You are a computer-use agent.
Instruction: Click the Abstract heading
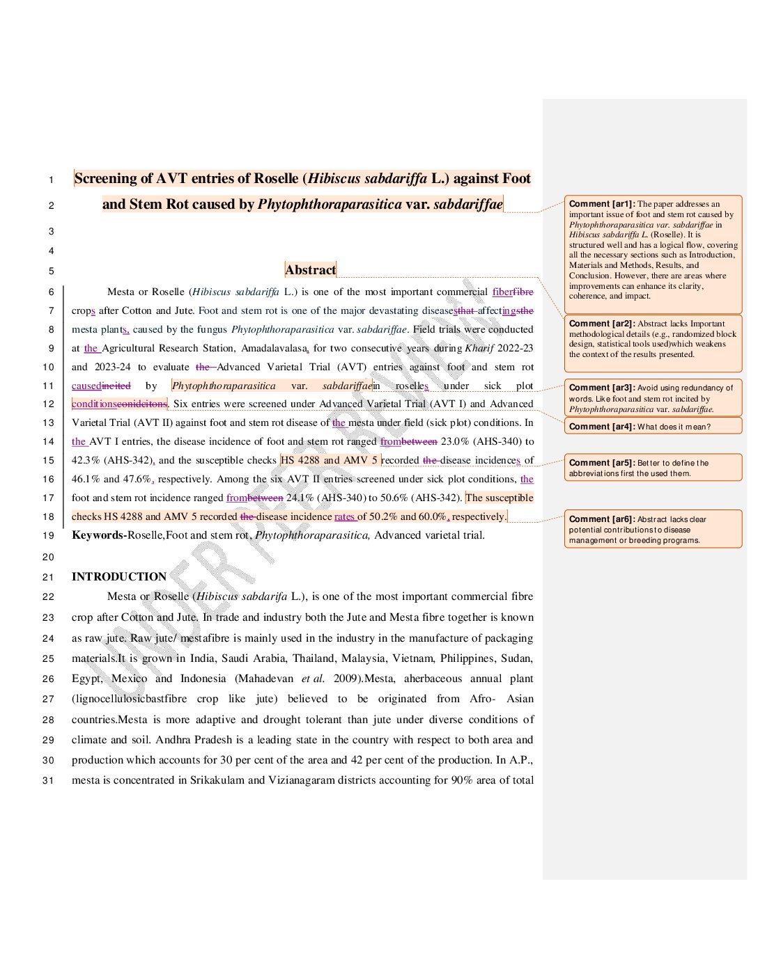pos(311,270)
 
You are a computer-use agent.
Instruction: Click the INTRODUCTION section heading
pos(119,576)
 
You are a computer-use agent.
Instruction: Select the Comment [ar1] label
pos(602,204)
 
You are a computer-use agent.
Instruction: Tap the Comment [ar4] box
pos(652,427)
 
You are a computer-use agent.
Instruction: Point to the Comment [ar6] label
pos(602,519)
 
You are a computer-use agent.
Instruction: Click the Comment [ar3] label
pos(602,388)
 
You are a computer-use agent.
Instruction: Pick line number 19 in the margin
pos(48,536)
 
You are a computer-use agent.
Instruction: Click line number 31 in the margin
pos(48,780)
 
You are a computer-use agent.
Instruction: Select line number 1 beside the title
pos(51,180)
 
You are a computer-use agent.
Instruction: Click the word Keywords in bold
pos(98,535)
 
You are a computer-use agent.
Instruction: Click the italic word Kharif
pos(479,348)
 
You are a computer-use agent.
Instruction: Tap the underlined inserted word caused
pos(86,386)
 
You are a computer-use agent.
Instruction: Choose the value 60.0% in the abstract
pos(432,516)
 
